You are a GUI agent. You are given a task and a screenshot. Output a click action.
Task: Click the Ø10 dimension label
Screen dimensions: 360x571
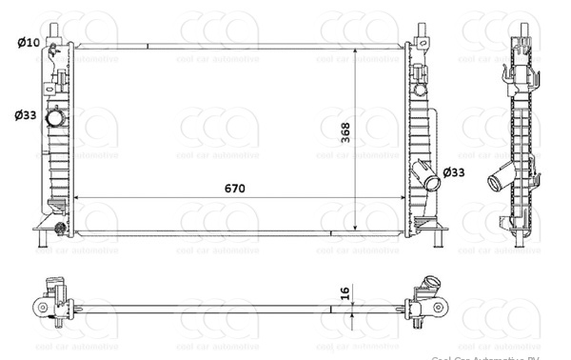tap(29, 42)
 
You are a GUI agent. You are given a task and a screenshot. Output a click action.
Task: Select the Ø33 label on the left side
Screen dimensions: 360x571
tap(26, 115)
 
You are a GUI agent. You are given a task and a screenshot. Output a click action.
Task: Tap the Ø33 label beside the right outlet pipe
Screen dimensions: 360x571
tap(455, 172)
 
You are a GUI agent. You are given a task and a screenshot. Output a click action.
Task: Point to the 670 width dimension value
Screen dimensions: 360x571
tap(235, 188)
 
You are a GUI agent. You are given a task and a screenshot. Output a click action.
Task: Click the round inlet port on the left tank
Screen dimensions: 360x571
tap(58, 120)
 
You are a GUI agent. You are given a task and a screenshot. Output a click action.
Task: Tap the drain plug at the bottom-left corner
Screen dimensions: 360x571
tap(60, 228)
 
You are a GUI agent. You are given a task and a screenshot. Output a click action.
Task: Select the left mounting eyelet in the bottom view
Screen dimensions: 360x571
tap(42, 307)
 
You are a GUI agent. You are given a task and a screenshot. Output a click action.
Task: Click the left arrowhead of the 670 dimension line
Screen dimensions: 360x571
tap(76, 198)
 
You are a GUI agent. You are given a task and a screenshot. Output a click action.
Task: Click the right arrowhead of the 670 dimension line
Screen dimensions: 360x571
tap(402, 198)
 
